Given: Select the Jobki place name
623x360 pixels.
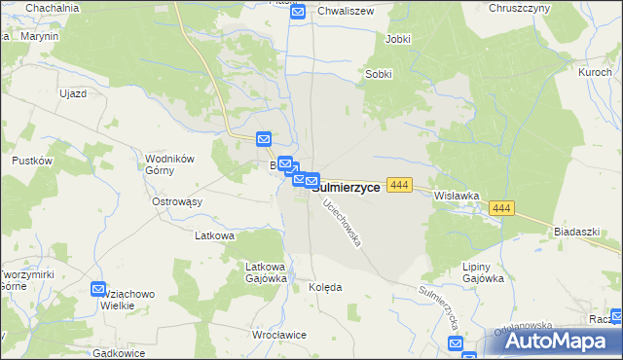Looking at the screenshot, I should (x=397, y=39).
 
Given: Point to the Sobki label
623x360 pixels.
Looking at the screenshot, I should (x=379, y=74).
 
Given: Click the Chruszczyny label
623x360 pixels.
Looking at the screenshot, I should (x=520, y=8).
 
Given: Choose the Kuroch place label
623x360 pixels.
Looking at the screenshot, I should (x=594, y=73).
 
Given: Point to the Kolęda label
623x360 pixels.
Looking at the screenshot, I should (x=325, y=288).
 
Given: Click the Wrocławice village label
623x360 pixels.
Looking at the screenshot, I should (x=278, y=335).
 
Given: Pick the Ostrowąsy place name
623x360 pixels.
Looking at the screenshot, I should (x=176, y=201).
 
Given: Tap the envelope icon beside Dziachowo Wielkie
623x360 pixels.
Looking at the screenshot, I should (x=98, y=289).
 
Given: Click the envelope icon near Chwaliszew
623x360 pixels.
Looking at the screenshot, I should (x=298, y=12).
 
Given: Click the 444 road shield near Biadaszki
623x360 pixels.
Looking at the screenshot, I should (x=501, y=209).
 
